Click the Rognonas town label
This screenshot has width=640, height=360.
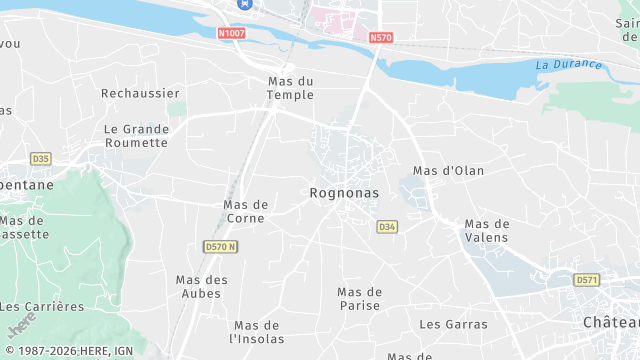(342, 192)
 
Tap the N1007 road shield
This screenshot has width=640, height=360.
(232, 33)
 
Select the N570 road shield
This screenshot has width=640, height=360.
(380, 38)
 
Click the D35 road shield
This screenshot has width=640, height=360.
(40, 158)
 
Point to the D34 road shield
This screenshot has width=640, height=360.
(388, 227)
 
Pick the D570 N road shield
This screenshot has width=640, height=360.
(220, 246)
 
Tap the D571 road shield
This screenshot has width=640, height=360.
(586, 280)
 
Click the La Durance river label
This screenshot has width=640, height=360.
(569, 65)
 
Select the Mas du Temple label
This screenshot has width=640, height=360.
(290, 88)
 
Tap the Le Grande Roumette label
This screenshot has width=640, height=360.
(136, 135)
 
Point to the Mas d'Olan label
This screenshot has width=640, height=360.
(448, 171)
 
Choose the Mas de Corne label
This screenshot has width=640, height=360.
(246, 211)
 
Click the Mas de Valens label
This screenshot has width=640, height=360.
(487, 230)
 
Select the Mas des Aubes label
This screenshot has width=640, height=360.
(202, 286)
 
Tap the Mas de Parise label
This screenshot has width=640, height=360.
(360, 298)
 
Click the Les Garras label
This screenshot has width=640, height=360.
(453, 324)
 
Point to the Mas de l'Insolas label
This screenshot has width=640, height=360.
(258, 332)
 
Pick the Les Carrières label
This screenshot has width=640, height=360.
(57, 306)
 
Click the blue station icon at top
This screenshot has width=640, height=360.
(242, 5)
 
